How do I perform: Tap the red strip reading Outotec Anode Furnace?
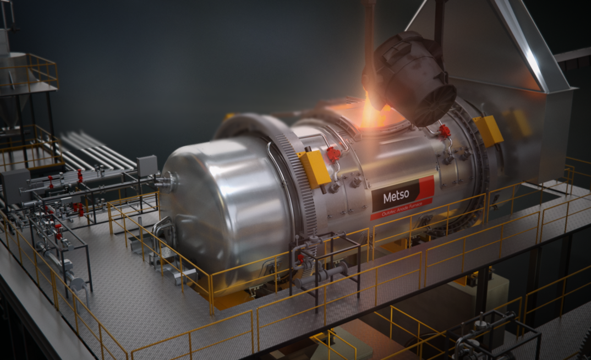(x=401, y=209)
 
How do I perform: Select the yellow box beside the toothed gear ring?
(x=315, y=169)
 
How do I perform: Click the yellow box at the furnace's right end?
(x=488, y=131)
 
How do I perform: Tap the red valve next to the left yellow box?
(x=333, y=155)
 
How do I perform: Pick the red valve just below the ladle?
(x=445, y=132)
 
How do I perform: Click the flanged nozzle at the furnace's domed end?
(x=167, y=180)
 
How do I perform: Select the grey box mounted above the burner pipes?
(x=147, y=165)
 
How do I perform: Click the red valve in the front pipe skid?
(x=300, y=258)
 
